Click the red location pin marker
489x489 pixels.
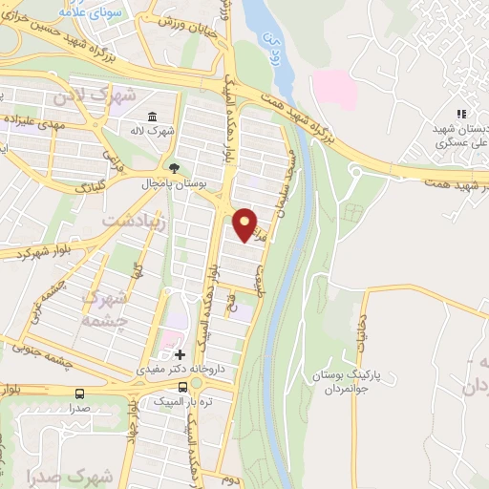coord(244,223)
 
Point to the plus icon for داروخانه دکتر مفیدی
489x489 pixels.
coord(180,354)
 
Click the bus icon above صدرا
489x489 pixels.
coord(78,393)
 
